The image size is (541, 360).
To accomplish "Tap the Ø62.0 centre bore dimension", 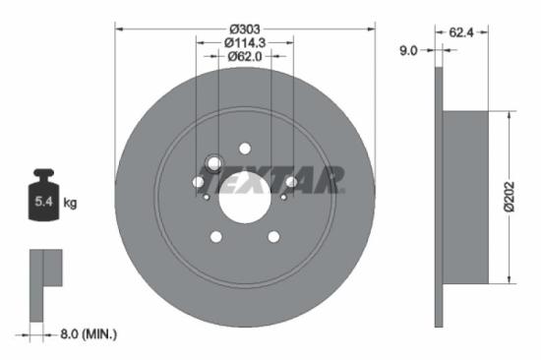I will (245, 56).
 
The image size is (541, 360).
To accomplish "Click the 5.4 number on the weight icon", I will (43, 203).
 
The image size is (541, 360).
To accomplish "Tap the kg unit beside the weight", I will (70, 203).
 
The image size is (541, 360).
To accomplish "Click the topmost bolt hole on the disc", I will (245, 149).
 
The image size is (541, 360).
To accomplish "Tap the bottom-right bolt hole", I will (273, 236).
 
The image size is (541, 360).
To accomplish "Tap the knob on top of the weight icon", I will (43, 175).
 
